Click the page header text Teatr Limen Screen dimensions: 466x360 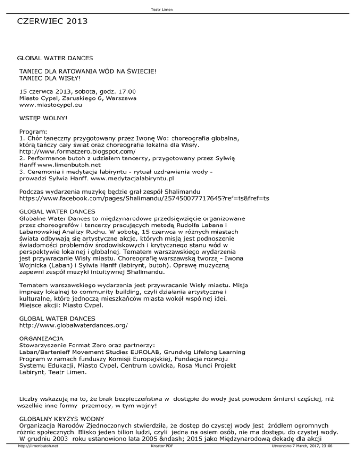coord(180,5)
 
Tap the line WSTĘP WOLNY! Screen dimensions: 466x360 coord(43,120)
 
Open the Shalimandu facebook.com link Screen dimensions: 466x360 coord(144,198)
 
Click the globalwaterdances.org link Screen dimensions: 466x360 coord(74,325)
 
